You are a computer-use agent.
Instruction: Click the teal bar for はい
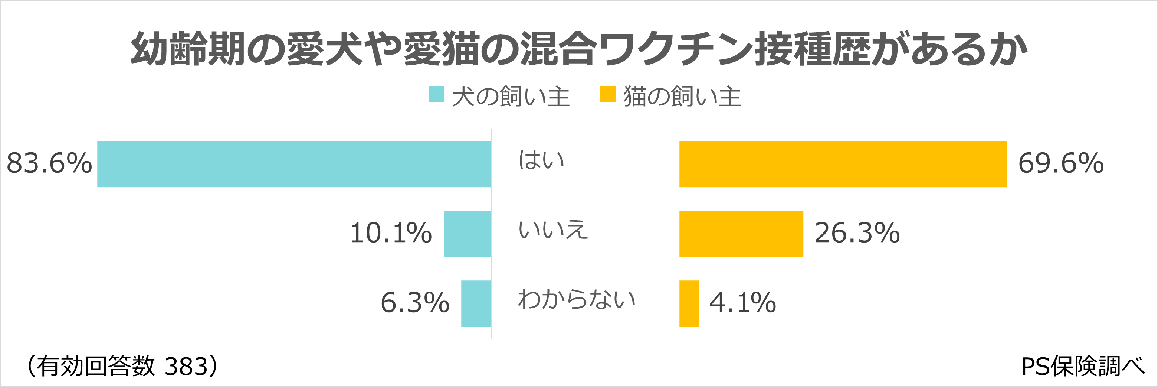click(x=293, y=164)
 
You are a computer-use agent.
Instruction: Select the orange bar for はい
click(x=843, y=164)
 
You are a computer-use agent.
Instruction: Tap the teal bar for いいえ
click(x=467, y=234)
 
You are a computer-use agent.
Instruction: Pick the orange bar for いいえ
click(x=741, y=234)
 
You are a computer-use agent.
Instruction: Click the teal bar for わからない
click(x=476, y=303)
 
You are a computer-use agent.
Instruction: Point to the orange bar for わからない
click(x=689, y=303)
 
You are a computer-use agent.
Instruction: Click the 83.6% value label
click(x=49, y=163)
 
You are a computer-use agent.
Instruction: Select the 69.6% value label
click(x=1061, y=163)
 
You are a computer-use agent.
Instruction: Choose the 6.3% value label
click(x=415, y=302)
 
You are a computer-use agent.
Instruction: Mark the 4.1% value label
click(x=743, y=302)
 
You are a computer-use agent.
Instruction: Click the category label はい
click(x=542, y=160)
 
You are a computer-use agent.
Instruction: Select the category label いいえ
click(x=553, y=230)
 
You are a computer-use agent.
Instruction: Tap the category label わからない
click(x=577, y=299)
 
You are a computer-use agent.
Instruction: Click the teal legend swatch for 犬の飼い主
click(x=436, y=94)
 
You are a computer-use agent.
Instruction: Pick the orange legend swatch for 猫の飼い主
click(x=607, y=94)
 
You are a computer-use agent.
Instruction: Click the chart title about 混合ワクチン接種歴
click(x=579, y=49)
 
